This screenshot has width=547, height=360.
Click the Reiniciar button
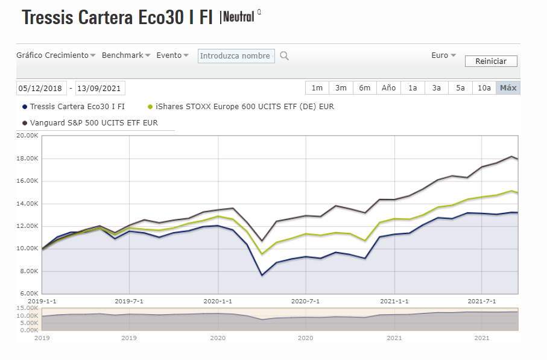point(491,61)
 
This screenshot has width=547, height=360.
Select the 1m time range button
point(317,88)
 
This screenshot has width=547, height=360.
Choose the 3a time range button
point(436,88)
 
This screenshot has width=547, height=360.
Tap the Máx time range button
point(508,88)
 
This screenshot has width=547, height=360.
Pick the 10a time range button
point(484,88)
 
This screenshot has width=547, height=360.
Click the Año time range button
point(388,88)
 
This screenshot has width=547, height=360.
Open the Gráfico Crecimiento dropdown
point(55,55)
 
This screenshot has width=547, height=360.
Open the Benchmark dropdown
point(125,55)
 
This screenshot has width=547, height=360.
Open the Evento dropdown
point(172,55)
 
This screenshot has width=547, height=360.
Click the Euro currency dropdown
point(443,55)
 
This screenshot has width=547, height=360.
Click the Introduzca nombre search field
point(236,56)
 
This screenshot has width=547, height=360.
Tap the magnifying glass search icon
point(284,56)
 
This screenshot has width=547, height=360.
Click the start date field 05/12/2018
point(41,89)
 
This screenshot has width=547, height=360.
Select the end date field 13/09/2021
point(100,89)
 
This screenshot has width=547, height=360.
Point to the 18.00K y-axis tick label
point(28,159)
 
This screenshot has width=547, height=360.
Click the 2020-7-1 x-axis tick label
point(306,300)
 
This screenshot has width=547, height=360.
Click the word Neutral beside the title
point(238,17)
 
